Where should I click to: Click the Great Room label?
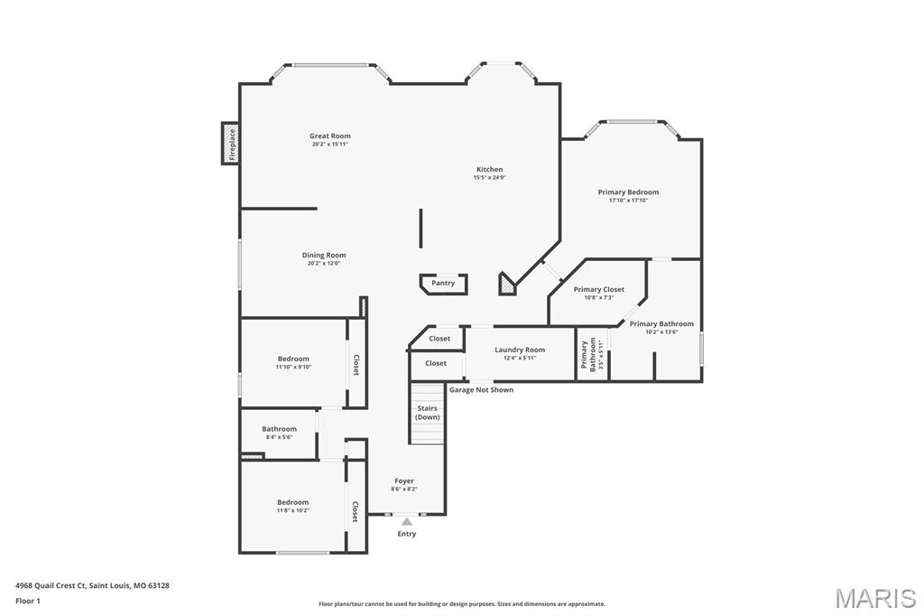[329, 136]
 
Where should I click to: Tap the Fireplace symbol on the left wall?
[231, 144]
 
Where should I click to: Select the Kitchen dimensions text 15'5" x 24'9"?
[489, 178]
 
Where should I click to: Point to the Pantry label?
[443, 284]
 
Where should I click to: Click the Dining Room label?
[324, 256]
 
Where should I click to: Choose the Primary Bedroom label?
[628, 192]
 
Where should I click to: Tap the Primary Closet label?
[599, 290]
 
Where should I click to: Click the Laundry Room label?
[520, 350]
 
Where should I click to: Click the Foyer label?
[404, 481]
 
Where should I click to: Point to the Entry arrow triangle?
[407, 521]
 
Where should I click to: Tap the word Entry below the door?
[407, 534]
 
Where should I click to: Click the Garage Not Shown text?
[481, 390]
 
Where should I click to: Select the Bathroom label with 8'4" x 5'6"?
[279, 429]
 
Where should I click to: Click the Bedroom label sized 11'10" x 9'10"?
[293, 359]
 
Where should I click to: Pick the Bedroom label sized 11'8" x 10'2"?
[292, 502]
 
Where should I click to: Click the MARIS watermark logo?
[874, 598]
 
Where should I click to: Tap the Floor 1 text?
[28, 601]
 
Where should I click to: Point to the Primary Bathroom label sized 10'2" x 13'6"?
[661, 324]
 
